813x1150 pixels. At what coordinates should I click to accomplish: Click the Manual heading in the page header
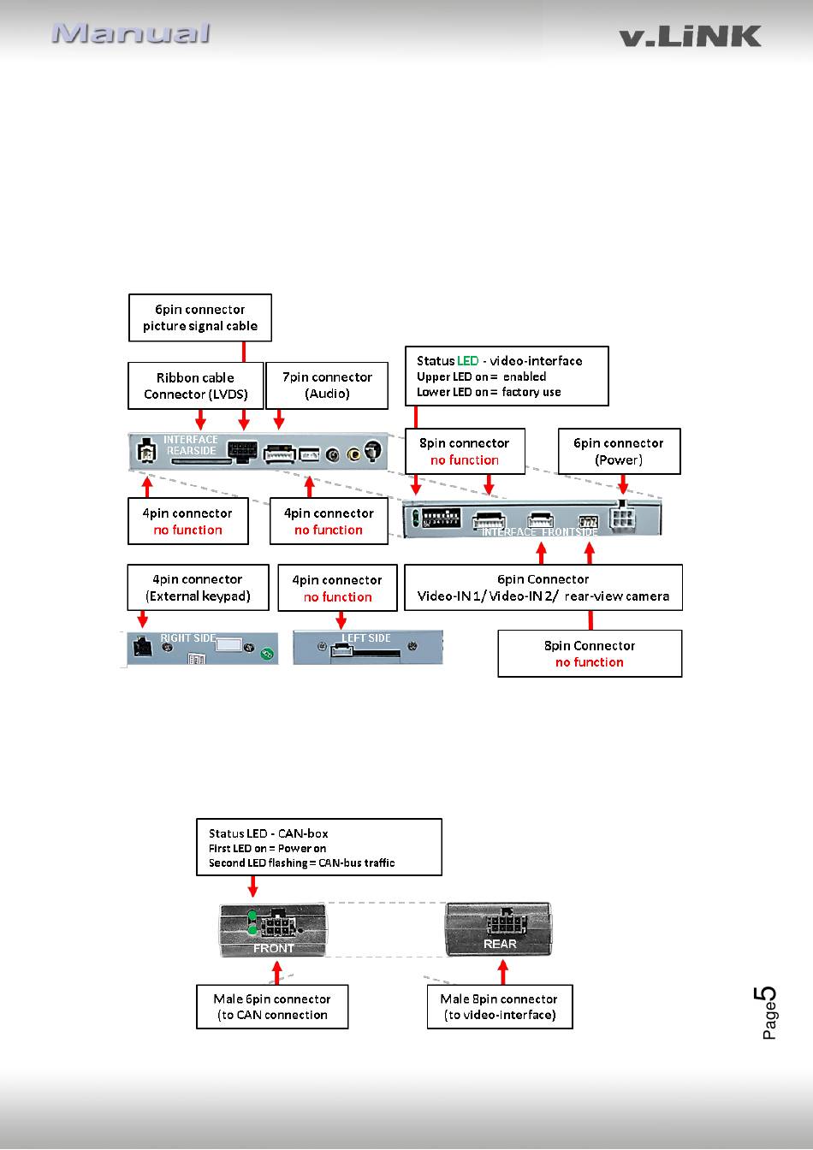131,33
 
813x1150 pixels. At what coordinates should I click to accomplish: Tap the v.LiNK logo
690,37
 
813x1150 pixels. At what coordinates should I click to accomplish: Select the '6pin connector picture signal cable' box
200,317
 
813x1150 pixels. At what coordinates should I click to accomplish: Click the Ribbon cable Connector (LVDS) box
196,386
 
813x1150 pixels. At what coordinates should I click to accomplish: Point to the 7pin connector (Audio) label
327,386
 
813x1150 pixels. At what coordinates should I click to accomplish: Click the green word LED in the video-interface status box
468,361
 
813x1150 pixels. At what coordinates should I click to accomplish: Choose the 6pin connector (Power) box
619,451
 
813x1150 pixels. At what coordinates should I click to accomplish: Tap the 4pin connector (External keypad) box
198,588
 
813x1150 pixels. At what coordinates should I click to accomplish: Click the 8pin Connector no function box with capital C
590,654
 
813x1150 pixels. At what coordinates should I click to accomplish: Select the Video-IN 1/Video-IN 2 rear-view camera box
543,588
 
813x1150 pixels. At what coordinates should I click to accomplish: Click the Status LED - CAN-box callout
319,848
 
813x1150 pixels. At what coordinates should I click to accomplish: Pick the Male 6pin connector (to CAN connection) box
272,1007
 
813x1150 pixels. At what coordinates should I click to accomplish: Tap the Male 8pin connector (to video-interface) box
500,1007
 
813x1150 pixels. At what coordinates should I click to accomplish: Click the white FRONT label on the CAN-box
273,948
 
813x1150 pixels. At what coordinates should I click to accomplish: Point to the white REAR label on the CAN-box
500,944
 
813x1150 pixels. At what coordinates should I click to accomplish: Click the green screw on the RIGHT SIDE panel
267,654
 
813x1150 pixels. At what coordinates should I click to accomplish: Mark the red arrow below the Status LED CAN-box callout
252,886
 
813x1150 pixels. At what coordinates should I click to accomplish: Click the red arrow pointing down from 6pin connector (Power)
623,484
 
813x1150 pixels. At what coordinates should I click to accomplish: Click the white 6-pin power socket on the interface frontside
622,518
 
